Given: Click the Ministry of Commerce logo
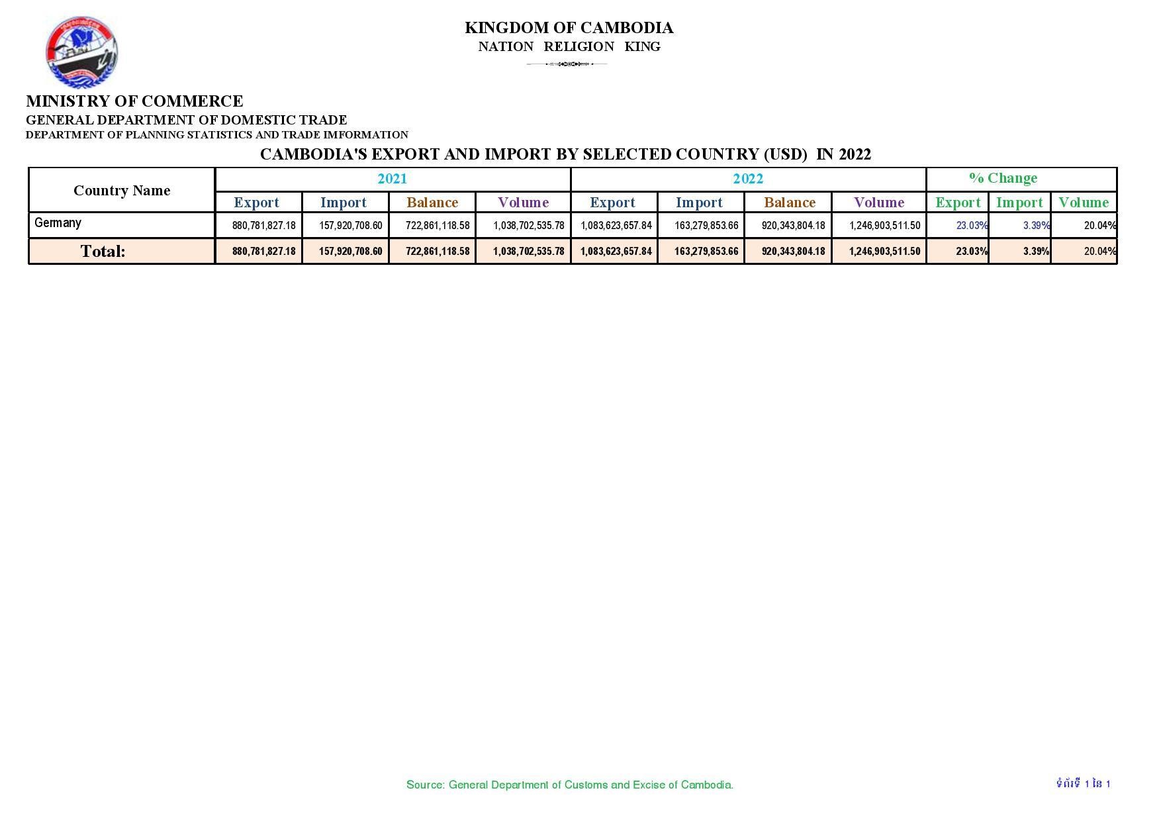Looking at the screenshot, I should coord(81,53).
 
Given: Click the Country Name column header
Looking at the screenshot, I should coord(122,191).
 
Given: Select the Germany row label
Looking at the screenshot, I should coord(58,223).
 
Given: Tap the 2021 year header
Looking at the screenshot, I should coord(392,179).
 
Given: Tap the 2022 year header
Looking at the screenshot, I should coord(748,179).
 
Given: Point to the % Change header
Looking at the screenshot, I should coord(1003,178).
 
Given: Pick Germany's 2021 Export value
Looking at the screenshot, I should coord(263,226).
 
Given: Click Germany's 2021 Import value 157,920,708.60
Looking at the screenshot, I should coord(350,226).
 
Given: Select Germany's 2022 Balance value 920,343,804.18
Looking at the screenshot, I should coord(793,226).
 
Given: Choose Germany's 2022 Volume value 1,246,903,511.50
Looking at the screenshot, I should coord(884,226).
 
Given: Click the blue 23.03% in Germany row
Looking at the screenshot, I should coord(971,226).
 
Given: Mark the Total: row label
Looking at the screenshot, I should coord(103,251).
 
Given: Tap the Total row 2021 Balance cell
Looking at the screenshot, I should coord(438,252).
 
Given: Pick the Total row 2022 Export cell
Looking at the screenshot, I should coord(616,252).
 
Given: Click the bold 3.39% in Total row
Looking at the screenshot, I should coord(1036,252).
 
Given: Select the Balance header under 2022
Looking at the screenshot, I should coord(789,203).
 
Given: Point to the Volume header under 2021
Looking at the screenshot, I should coord(523,203).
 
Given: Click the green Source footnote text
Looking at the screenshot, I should coord(569,785).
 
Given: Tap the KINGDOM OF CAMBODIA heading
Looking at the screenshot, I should coord(569,28).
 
